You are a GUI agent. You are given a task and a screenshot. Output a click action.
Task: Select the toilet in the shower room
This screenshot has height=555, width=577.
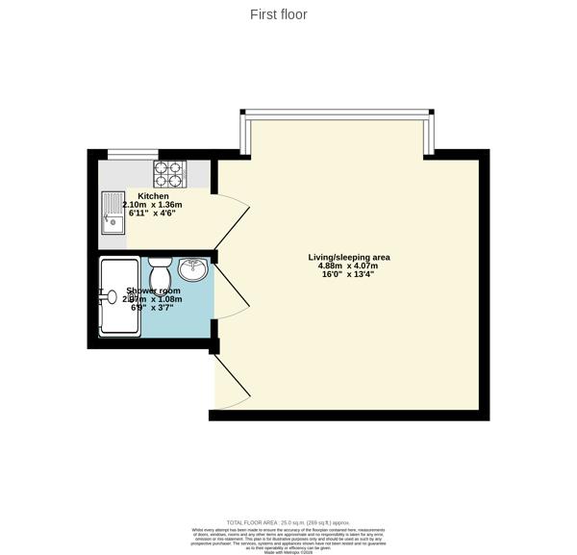click(160, 274)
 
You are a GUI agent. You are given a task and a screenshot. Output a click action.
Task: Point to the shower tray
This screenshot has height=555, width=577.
click(121, 296)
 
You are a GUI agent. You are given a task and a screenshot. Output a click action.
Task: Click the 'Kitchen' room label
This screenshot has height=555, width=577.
click(152, 195)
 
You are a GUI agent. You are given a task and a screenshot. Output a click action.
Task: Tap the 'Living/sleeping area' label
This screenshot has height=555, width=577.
click(348, 257)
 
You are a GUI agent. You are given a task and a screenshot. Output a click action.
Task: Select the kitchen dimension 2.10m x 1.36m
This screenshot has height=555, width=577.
click(152, 205)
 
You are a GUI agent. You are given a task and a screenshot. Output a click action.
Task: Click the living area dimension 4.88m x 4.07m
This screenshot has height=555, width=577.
click(348, 266)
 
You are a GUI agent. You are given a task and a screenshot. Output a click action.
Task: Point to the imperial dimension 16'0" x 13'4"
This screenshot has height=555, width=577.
click(348, 276)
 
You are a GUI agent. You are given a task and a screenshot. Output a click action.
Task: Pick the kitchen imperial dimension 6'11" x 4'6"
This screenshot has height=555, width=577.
click(152, 214)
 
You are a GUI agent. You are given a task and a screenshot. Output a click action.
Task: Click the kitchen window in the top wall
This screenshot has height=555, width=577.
click(132, 153)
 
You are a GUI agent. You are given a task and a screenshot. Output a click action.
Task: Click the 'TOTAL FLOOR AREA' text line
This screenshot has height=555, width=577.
click(288, 520)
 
